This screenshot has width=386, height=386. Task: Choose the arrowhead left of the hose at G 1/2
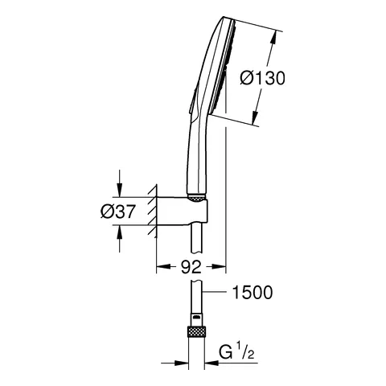click(182, 362)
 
